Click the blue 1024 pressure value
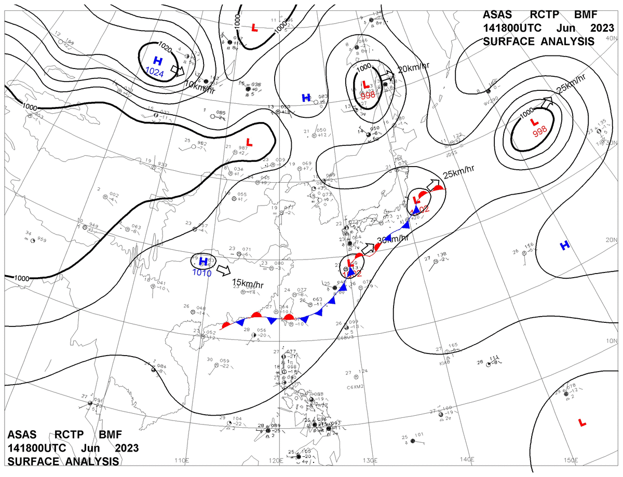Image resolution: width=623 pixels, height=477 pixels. [x=155, y=74]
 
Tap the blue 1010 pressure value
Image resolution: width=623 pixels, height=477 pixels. [x=201, y=272]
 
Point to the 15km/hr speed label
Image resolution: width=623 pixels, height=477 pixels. [x=248, y=284]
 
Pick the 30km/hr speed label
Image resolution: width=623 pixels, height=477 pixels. [x=392, y=239]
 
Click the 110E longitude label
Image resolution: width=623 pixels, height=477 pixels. [x=181, y=460]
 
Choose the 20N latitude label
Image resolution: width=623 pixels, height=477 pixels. [x=611, y=240]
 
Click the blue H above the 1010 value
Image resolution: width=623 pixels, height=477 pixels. [x=204, y=261]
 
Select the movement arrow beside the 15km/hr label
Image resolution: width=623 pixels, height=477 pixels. [x=223, y=270]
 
